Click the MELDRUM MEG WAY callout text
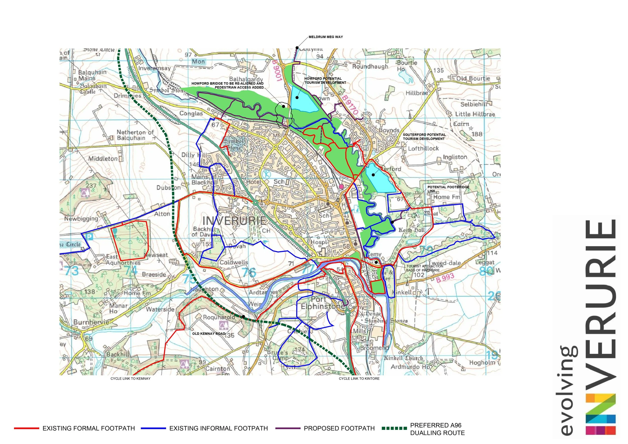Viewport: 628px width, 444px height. [x=326, y=37]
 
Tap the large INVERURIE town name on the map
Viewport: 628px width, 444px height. [x=234, y=221]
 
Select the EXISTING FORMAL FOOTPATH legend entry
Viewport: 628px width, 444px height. [x=89, y=428]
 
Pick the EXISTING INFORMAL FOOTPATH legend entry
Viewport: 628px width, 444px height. [x=218, y=428]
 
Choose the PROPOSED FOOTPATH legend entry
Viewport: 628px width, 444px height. [x=339, y=428]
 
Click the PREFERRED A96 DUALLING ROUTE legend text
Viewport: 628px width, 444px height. [x=437, y=429]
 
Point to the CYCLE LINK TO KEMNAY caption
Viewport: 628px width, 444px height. [x=130, y=379]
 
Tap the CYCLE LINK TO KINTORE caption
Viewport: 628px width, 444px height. [x=359, y=379]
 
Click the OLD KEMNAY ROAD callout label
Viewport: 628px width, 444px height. [x=209, y=334]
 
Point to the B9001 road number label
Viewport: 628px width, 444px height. [x=277, y=70]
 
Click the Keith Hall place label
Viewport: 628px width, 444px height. [x=411, y=230]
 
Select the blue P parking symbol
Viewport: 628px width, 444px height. [x=89, y=236]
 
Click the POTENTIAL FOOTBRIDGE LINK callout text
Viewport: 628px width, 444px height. [x=448, y=189]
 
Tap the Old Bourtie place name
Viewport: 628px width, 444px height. [x=473, y=78]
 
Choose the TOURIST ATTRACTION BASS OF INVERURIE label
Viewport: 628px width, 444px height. [x=425, y=268]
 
